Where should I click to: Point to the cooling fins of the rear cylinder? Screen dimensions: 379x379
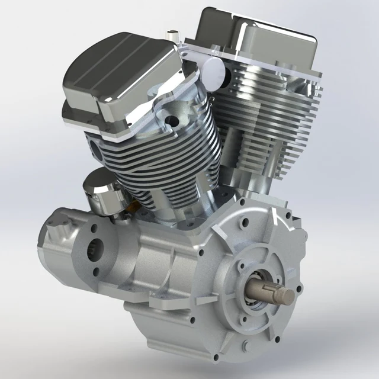coord(272,118)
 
